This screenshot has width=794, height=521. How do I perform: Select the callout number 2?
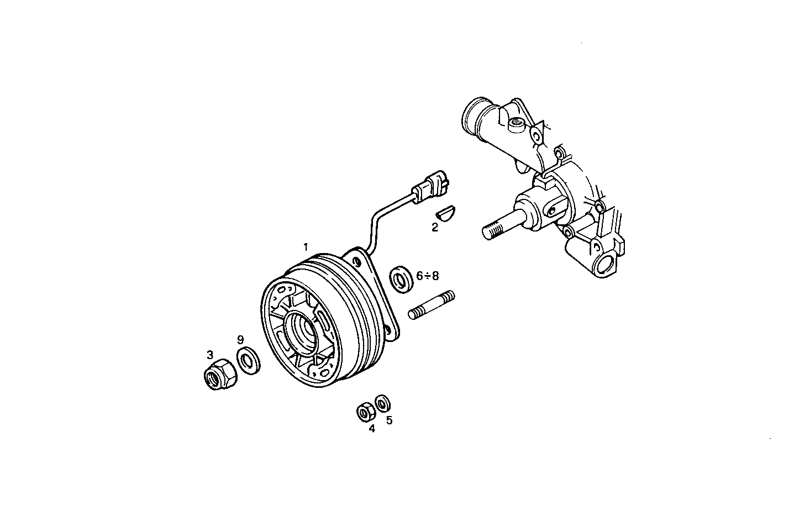(x=435, y=227)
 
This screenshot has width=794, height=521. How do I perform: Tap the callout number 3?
(x=210, y=354)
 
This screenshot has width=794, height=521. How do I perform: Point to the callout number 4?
(x=372, y=428)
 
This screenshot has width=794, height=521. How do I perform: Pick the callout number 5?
(x=389, y=420)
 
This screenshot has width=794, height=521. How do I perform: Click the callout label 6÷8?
(x=428, y=275)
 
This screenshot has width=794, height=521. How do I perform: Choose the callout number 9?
(x=240, y=339)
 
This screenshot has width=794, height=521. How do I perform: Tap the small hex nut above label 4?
(x=364, y=412)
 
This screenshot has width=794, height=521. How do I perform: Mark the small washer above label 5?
(x=382, y=403)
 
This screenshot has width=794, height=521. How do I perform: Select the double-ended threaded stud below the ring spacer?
(x=432, y=304)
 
